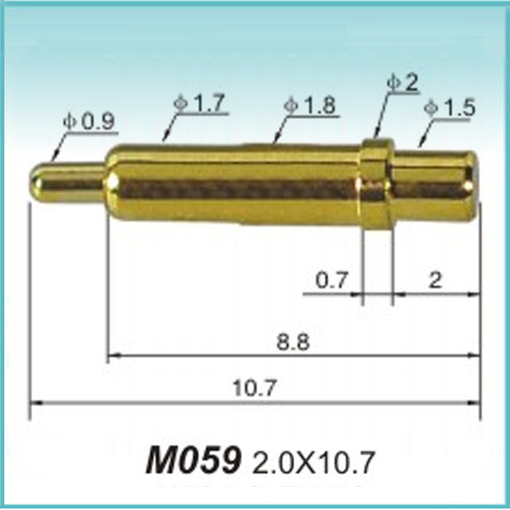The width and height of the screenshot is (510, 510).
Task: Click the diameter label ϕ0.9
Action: coord(89,122)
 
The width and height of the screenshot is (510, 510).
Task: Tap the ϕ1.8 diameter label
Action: coord(310,106)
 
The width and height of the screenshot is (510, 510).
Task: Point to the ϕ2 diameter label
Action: coord(403,83)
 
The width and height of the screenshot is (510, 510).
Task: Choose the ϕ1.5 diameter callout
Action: coord(450,109)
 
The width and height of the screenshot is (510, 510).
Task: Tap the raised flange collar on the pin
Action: coord(377,185)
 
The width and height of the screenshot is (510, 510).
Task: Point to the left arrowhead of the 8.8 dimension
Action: coord(111,356)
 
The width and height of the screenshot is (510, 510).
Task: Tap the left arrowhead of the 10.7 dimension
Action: coord(33,401)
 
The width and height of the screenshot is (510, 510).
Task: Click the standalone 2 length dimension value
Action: coord(435,280)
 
